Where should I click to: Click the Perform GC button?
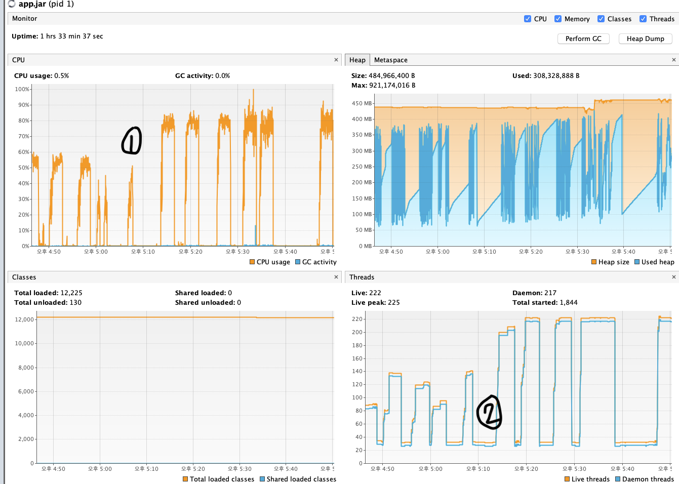583,39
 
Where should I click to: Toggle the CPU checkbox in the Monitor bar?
528,19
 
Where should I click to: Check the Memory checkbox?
558,19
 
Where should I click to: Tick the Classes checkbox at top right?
601,19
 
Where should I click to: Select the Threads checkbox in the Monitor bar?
643,19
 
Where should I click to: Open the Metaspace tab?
391,60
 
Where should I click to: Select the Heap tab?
357,60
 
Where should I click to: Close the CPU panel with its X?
336,60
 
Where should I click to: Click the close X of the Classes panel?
336,277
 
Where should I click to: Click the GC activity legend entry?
316,262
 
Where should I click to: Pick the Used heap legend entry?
655,262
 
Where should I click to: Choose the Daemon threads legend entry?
645,479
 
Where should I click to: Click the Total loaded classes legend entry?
219,479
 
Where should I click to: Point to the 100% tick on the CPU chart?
22,89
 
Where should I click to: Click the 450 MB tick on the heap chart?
362,103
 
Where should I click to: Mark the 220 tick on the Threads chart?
357,319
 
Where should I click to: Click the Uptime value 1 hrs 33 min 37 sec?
71,36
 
